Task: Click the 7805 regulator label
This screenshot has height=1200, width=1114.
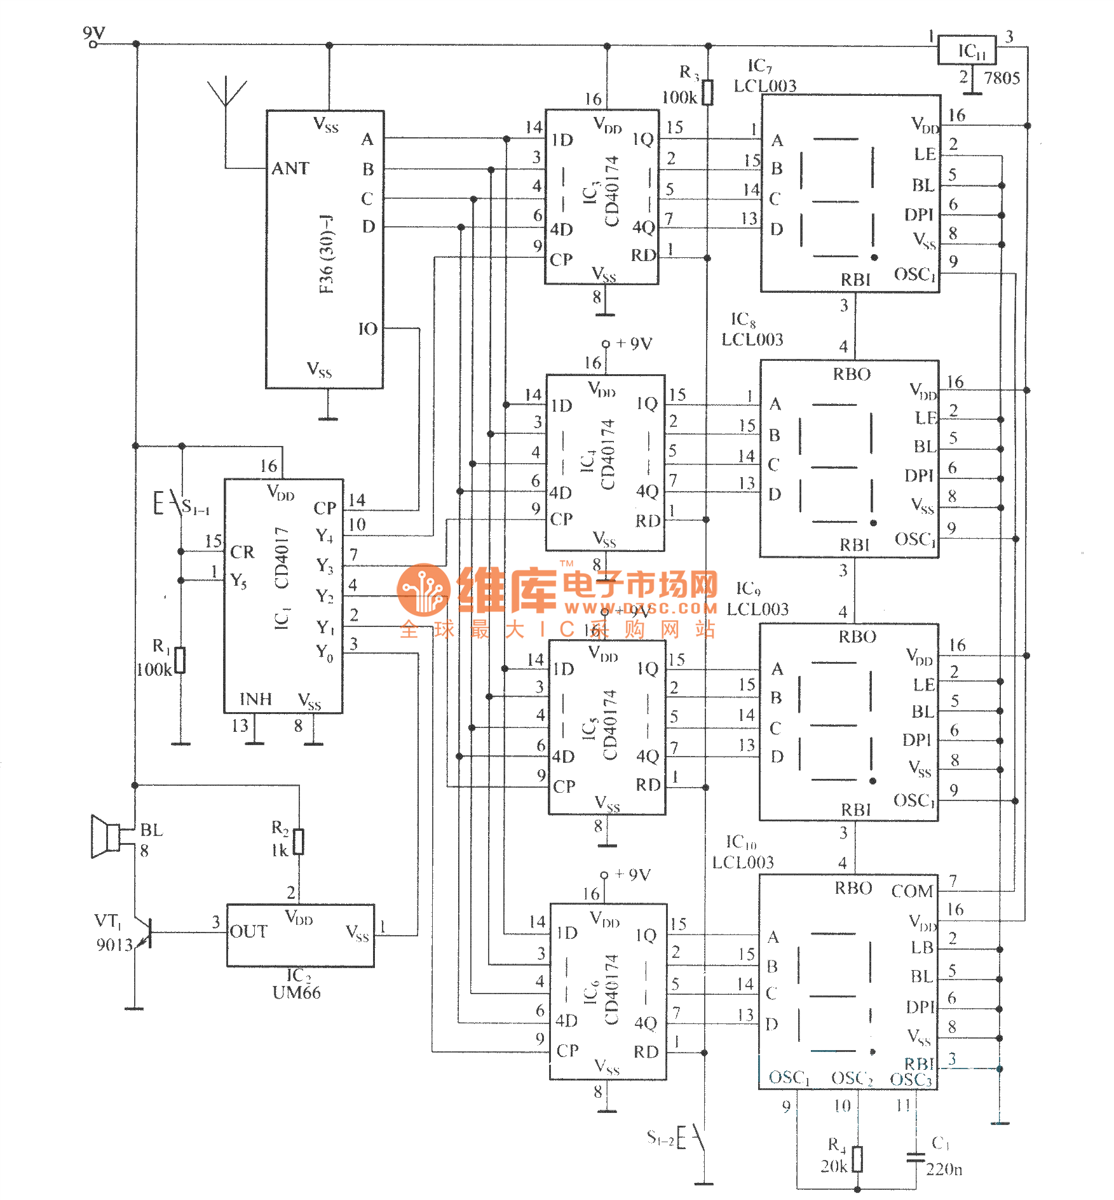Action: coord(1002,78)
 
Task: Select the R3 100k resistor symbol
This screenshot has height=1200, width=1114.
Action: coord(707,92)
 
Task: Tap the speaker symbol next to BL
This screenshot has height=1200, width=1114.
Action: coord(105,836)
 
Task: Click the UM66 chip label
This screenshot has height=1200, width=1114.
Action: coord(296,993)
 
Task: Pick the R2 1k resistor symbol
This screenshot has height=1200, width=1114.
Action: coord(299,842)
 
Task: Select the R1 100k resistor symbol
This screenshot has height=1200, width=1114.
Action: coord(180,660)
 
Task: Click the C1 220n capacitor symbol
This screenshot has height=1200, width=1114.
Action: coord(916,1157)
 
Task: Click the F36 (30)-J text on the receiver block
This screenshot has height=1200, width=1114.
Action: coord(327,254)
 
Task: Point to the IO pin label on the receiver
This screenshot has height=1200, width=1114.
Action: coord(367,329)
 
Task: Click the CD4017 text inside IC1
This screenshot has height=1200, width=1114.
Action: coord(282,558)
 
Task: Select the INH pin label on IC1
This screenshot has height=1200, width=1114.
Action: coord(255,699)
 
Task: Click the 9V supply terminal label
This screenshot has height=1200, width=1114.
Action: coord(94,33)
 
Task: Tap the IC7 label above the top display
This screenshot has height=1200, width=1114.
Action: coord(759,66)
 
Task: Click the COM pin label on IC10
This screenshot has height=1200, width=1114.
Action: coord(912,891)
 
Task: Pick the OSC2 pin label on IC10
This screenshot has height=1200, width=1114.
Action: coord(852,1078)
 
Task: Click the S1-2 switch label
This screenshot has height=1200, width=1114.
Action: coord(660,1137)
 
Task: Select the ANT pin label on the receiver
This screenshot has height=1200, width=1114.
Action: coord(290,168)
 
